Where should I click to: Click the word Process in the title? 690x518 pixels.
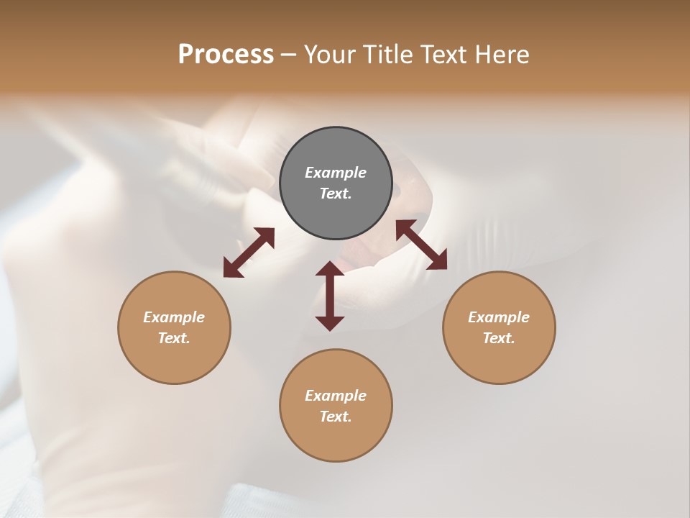(226, 55)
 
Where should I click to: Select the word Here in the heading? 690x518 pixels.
(501, 55)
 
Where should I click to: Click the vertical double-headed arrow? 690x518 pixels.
(330, 296)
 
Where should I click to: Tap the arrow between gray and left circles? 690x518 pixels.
(249, 253)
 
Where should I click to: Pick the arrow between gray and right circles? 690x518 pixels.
(422, 245)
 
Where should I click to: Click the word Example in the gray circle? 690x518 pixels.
(336, 173)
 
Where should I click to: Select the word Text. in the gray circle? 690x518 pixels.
(336, 194)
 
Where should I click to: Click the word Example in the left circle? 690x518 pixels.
(174, 317)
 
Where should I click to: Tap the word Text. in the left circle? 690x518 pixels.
(174, 338)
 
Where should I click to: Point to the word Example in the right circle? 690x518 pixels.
(499, 317)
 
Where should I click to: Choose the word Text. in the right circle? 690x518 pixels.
(499, 338)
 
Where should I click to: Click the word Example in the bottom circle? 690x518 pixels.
(336, 396)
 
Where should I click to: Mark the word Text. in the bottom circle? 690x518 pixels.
(336, 417)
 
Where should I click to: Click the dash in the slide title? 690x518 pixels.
(289, 55)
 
